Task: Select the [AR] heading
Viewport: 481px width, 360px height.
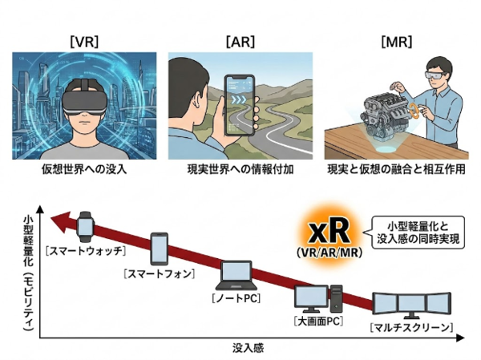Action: pyautogui.click(x=240, y=41)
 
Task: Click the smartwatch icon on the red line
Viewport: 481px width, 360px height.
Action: pyautogui.click(x=87, y=228)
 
